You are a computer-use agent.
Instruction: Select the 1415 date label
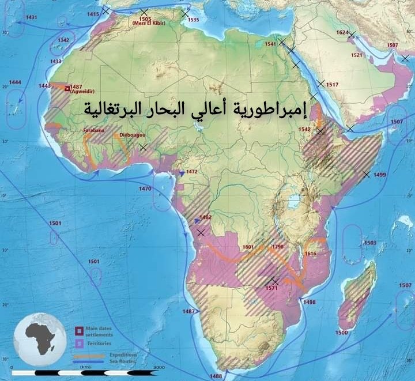coord(93,13)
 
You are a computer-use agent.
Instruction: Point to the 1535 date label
coord(193,20)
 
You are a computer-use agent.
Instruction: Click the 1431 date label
coord(32,17)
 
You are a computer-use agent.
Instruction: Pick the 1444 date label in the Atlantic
coord(16,82)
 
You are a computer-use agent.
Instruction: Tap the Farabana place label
coord(93,131)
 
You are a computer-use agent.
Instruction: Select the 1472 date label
coord(192,172)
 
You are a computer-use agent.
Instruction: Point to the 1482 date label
coord(205,217)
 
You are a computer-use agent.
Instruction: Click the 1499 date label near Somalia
coord(380,175)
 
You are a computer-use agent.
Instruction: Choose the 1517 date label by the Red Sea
coord(332,85)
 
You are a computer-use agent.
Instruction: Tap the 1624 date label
coord(343,32)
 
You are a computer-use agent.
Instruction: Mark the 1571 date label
coord(273,288)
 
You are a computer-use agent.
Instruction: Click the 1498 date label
coord(309,302)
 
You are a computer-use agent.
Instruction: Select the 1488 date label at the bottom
coord(216,376)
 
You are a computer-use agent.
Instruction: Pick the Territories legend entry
coord(100,342)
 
